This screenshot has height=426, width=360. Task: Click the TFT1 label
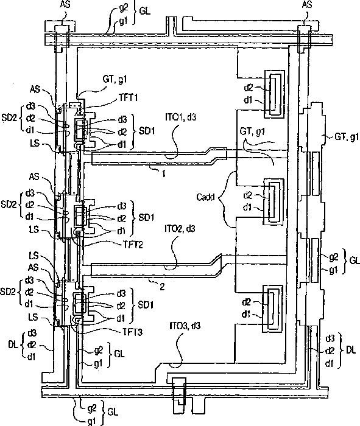pos(128,97)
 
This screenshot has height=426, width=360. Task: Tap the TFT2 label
pos(133,245)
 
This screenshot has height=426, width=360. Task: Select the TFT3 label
pos(132,332)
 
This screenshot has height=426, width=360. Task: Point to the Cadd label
pos(205,197)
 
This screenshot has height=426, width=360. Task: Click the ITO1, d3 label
pos(180,117)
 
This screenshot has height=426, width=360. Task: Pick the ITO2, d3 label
pos(180,229)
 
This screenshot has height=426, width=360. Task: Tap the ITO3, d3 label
pos(185,325)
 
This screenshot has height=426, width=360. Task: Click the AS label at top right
pos(307,5)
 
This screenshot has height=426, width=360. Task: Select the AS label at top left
pos(65,5)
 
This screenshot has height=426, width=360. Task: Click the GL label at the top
pos(144,12)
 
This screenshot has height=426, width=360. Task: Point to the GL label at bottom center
pos(113,412)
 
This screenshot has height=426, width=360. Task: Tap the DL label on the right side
pos(351,350)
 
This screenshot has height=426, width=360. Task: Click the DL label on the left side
pos(13,344)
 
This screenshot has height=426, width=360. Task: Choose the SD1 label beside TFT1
pos(147,131)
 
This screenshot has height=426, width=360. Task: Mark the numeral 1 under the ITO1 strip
pos(164,173)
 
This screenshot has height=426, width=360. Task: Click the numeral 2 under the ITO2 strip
pos(162,287)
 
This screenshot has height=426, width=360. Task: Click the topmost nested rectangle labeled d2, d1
pos(275,94)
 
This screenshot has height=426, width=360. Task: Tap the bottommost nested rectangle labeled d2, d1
pos(272,309)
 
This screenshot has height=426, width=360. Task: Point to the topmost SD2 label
pos(9,117)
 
